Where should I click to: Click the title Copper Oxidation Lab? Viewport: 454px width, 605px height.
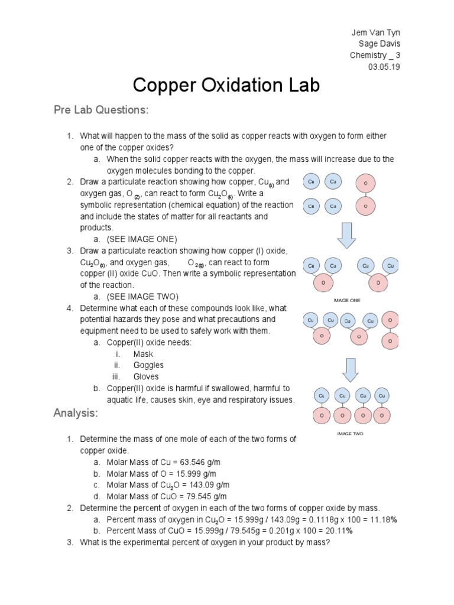226,85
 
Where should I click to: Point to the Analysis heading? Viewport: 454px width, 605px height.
75,413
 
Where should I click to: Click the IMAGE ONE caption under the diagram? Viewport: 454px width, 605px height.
347,300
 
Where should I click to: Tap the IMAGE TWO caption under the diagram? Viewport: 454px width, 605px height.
350,433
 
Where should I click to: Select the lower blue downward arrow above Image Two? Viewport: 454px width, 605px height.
351,369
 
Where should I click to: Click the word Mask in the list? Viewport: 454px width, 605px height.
143,354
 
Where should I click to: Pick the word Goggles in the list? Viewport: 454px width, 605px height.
148,365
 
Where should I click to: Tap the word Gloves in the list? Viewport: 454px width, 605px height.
146,376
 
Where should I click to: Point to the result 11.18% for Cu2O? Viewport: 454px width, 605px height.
384,519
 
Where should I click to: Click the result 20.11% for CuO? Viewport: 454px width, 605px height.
339,531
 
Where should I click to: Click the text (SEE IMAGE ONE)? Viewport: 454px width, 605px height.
142,239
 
